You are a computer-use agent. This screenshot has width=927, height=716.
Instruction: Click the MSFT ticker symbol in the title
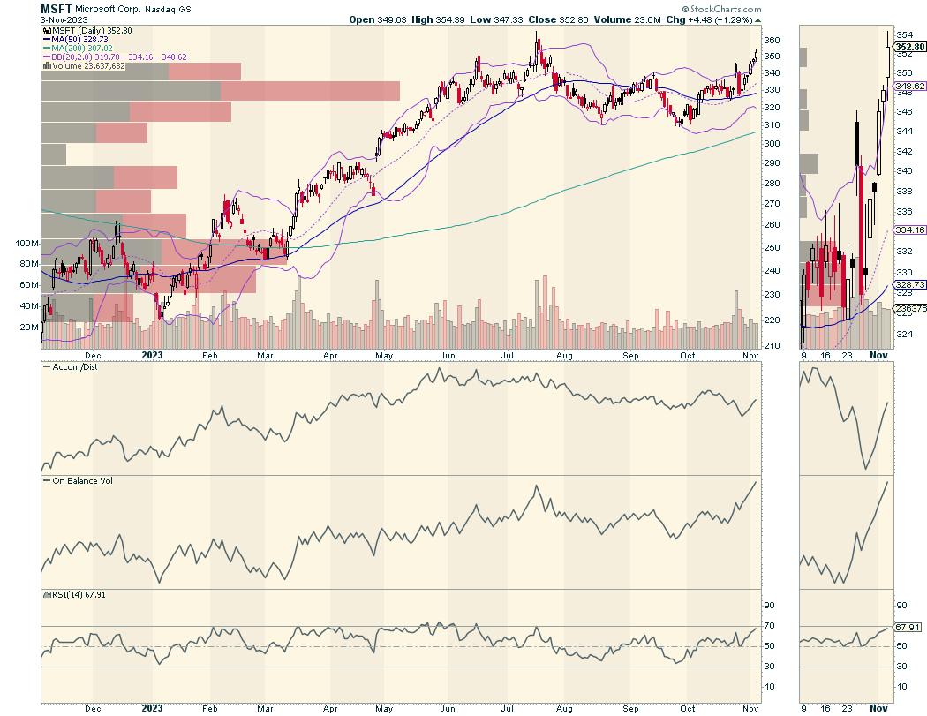(x=57, y=8)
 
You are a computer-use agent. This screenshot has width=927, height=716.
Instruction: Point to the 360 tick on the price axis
(x=772, y=41)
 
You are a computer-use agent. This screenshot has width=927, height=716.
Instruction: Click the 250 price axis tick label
(x=772, y=225)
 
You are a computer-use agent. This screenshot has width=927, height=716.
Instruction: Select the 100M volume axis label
(x=27, y=243)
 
